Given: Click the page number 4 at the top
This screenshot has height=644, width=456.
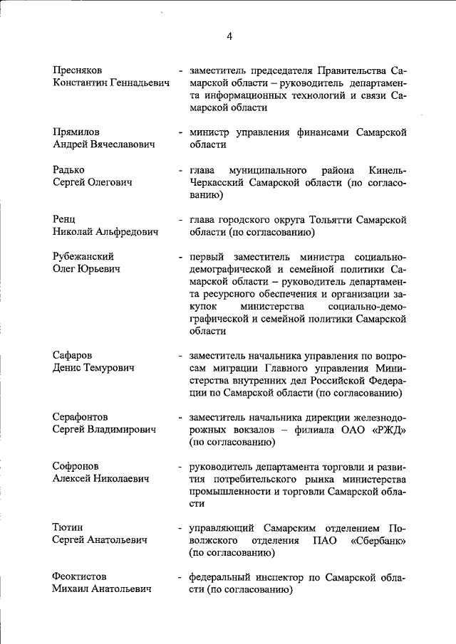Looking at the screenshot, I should [229, 36].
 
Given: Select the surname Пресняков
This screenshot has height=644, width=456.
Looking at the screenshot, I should [78, 70].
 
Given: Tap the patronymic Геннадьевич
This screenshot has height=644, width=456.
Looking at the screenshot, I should [134, 83].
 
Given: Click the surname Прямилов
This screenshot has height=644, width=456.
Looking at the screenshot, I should [76, 132].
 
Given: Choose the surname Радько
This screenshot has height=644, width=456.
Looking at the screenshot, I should [68, 170].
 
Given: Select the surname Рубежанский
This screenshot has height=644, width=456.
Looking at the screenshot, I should [84, 256].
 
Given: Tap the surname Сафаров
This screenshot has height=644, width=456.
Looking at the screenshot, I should [73, 354].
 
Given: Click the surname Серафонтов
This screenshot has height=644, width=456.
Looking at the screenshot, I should [81, 416].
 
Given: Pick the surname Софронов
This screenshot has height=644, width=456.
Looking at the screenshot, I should [76, 466].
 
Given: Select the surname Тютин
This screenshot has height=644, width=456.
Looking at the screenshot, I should [68, 527].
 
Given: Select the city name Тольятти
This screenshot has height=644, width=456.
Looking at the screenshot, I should [327, 219].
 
